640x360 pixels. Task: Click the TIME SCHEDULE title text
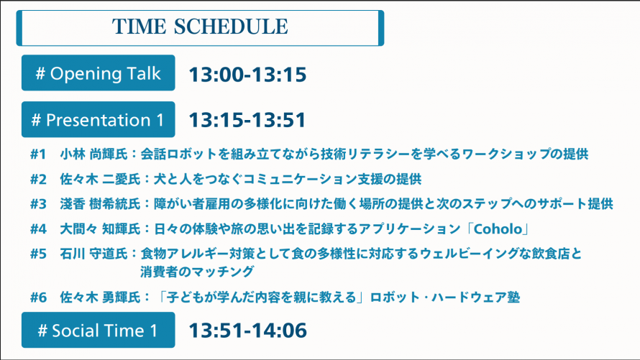tap(200, 27)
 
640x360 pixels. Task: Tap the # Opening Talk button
tap(99, 73)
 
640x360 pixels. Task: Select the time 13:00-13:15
tap(247, 74)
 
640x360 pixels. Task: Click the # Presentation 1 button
tap(99, 119)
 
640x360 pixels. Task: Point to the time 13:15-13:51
tap(247, 120)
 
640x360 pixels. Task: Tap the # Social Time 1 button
tap(99, 331)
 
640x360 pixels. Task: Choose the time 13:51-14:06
tap(247, 331)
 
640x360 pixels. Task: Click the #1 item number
tap(38, 154)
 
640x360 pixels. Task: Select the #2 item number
tap(38, 179)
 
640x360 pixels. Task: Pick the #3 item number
tap(38, 204)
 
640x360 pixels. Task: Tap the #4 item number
tap(38, 229)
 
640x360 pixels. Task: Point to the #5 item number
tap(38, 254)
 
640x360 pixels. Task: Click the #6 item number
tap(38, 297)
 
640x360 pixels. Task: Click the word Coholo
tap(498, 229)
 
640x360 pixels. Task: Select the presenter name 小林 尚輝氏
tap(94, 154)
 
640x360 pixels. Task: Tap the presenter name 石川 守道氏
tap(94, 254)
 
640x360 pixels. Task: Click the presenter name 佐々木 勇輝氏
tap(101, 297)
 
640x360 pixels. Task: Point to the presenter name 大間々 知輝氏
tap(101, 229)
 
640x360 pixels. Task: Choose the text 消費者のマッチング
tap(197, 272)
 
